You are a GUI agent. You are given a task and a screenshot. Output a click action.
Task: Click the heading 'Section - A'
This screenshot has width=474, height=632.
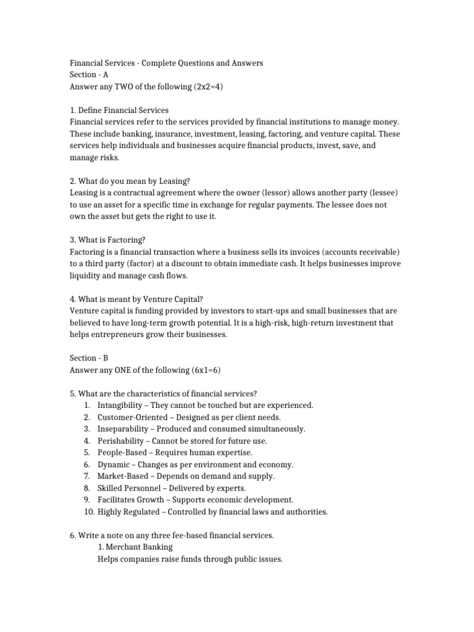click(x=89, y=75)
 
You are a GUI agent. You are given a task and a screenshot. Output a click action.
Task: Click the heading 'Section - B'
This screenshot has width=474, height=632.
click(x=89, y=358)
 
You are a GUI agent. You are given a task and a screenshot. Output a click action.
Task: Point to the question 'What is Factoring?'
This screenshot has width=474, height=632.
click(x=104, y=239)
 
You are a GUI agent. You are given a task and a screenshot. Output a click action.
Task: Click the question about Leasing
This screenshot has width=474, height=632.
click(x=130, y=181)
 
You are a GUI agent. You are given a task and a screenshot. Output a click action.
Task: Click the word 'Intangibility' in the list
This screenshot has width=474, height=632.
click(x=122, y=405)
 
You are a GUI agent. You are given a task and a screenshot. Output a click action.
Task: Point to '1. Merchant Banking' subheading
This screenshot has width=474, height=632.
click(x=135, y=547)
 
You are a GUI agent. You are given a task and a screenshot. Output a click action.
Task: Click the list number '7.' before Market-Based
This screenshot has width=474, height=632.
click(x=86, y=476)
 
